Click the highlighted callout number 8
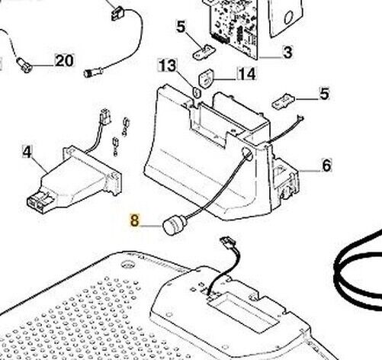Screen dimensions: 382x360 (135, 220)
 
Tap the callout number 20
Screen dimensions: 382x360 (65, 61)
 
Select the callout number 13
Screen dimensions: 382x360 (167, 66)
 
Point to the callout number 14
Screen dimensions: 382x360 (247, 74)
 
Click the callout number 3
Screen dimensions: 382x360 (287, 53)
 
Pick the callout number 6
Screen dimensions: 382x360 (326, 166)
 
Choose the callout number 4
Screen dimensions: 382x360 (27, 152)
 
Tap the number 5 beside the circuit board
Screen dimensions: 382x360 (181, 27)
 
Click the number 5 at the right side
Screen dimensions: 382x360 (324, 94)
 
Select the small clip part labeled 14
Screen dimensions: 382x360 (206, 78)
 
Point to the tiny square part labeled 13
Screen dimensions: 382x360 (197, 92)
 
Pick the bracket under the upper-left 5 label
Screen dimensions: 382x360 (204, 52)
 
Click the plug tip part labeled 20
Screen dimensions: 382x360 (24, 66)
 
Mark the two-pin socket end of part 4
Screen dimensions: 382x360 (37, 203)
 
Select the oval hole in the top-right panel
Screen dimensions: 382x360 (289, 18)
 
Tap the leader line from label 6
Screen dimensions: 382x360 (310, 171)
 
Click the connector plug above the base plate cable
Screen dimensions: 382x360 (228, 242)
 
